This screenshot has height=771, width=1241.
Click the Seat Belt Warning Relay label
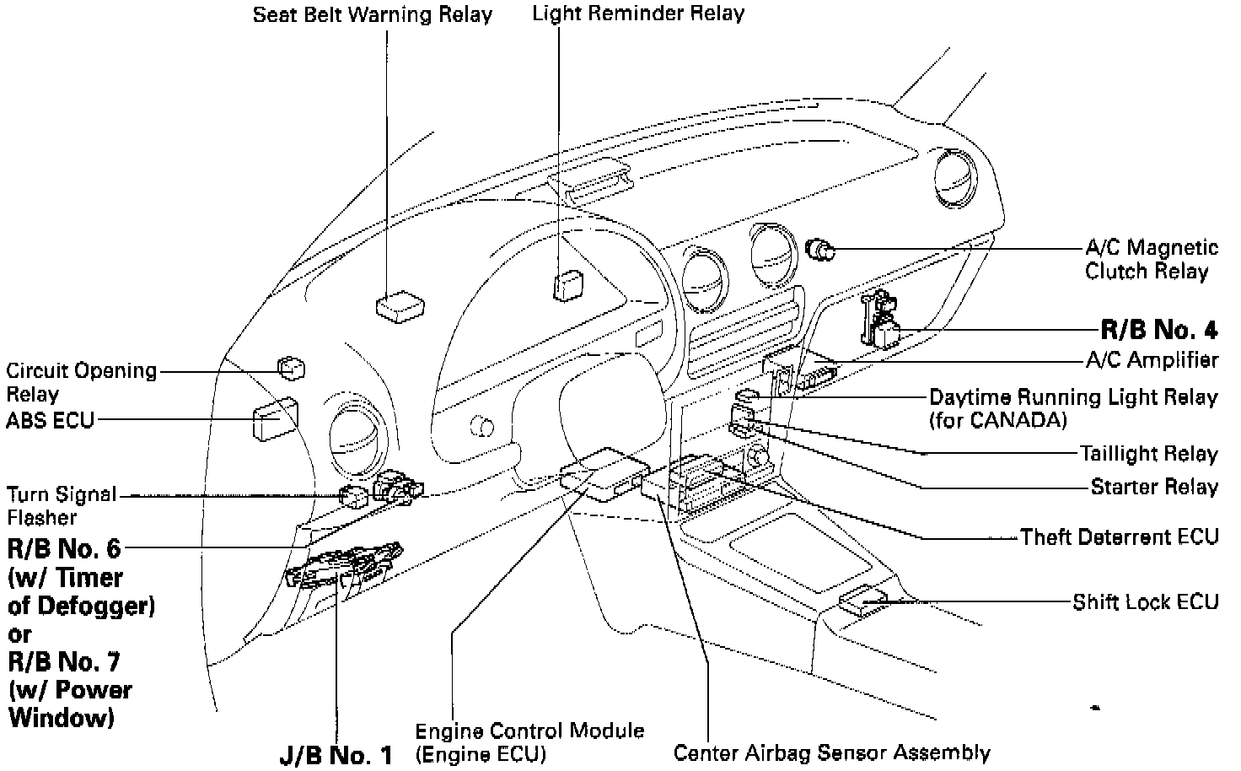point(373,15)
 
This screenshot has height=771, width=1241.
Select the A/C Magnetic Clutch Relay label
point(1151,259)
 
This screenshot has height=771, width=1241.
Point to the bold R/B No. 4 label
point(1159,329)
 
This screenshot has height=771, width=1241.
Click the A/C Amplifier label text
point(1151,360)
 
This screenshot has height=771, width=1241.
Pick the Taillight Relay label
point(1149,454)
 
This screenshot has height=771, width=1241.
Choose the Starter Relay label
point(1154,487)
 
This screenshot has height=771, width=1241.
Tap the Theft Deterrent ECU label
point(1119,537)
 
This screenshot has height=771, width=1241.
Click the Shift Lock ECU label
point(1145,602)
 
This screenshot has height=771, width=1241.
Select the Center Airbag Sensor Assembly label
point(831,752)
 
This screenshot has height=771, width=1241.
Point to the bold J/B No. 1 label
point(336,755)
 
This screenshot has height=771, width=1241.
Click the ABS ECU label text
point(50,419)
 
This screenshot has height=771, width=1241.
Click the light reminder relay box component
point(567,285)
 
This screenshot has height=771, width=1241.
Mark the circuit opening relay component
point(291,368)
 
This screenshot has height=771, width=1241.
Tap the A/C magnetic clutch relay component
point(819,249)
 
